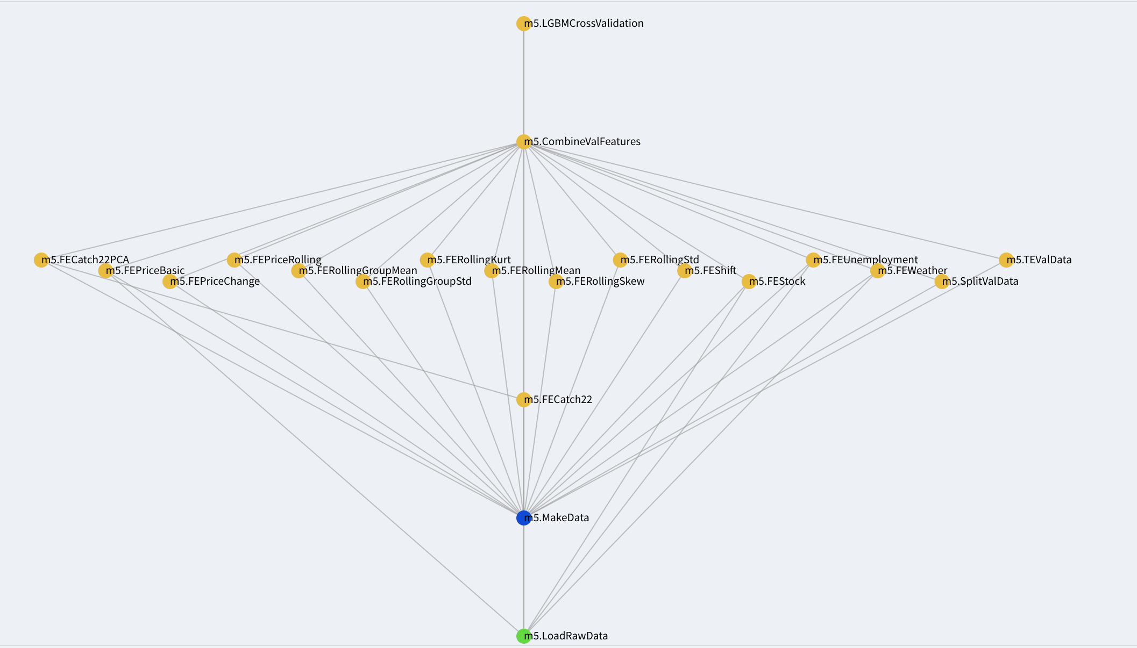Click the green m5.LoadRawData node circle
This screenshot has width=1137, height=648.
[x=523, y=636]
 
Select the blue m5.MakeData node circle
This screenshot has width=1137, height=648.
[x=523, y=518]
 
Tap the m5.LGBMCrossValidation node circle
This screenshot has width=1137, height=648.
[x=523, y=24]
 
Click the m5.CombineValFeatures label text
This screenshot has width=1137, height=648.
[x=582, y=142]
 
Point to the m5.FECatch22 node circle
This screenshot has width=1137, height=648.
[x=523, y=400]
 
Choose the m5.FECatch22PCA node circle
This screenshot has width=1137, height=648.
[x=41, y=260]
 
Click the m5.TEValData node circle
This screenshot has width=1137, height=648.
[x=1006, y=260]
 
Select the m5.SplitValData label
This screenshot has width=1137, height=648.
[x=980, y=282]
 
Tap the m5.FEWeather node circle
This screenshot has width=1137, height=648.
[x=877, y=271]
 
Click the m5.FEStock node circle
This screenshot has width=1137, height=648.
[x=749, y=282]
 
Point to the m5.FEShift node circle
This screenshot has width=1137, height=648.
[x=684, y=271]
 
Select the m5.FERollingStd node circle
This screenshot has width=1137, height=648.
[x=620, y=260]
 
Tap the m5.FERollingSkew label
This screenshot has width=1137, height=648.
[x=600, y=282]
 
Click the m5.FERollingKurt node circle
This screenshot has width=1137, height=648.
[x=427, y=260]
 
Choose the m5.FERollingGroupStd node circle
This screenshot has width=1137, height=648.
[x=363, y=282]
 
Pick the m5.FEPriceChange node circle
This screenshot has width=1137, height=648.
[x=169, y=282]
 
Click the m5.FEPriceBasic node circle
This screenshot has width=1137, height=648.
[x=105, y=271]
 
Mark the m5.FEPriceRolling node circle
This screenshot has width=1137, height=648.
[x=234, y=260]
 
